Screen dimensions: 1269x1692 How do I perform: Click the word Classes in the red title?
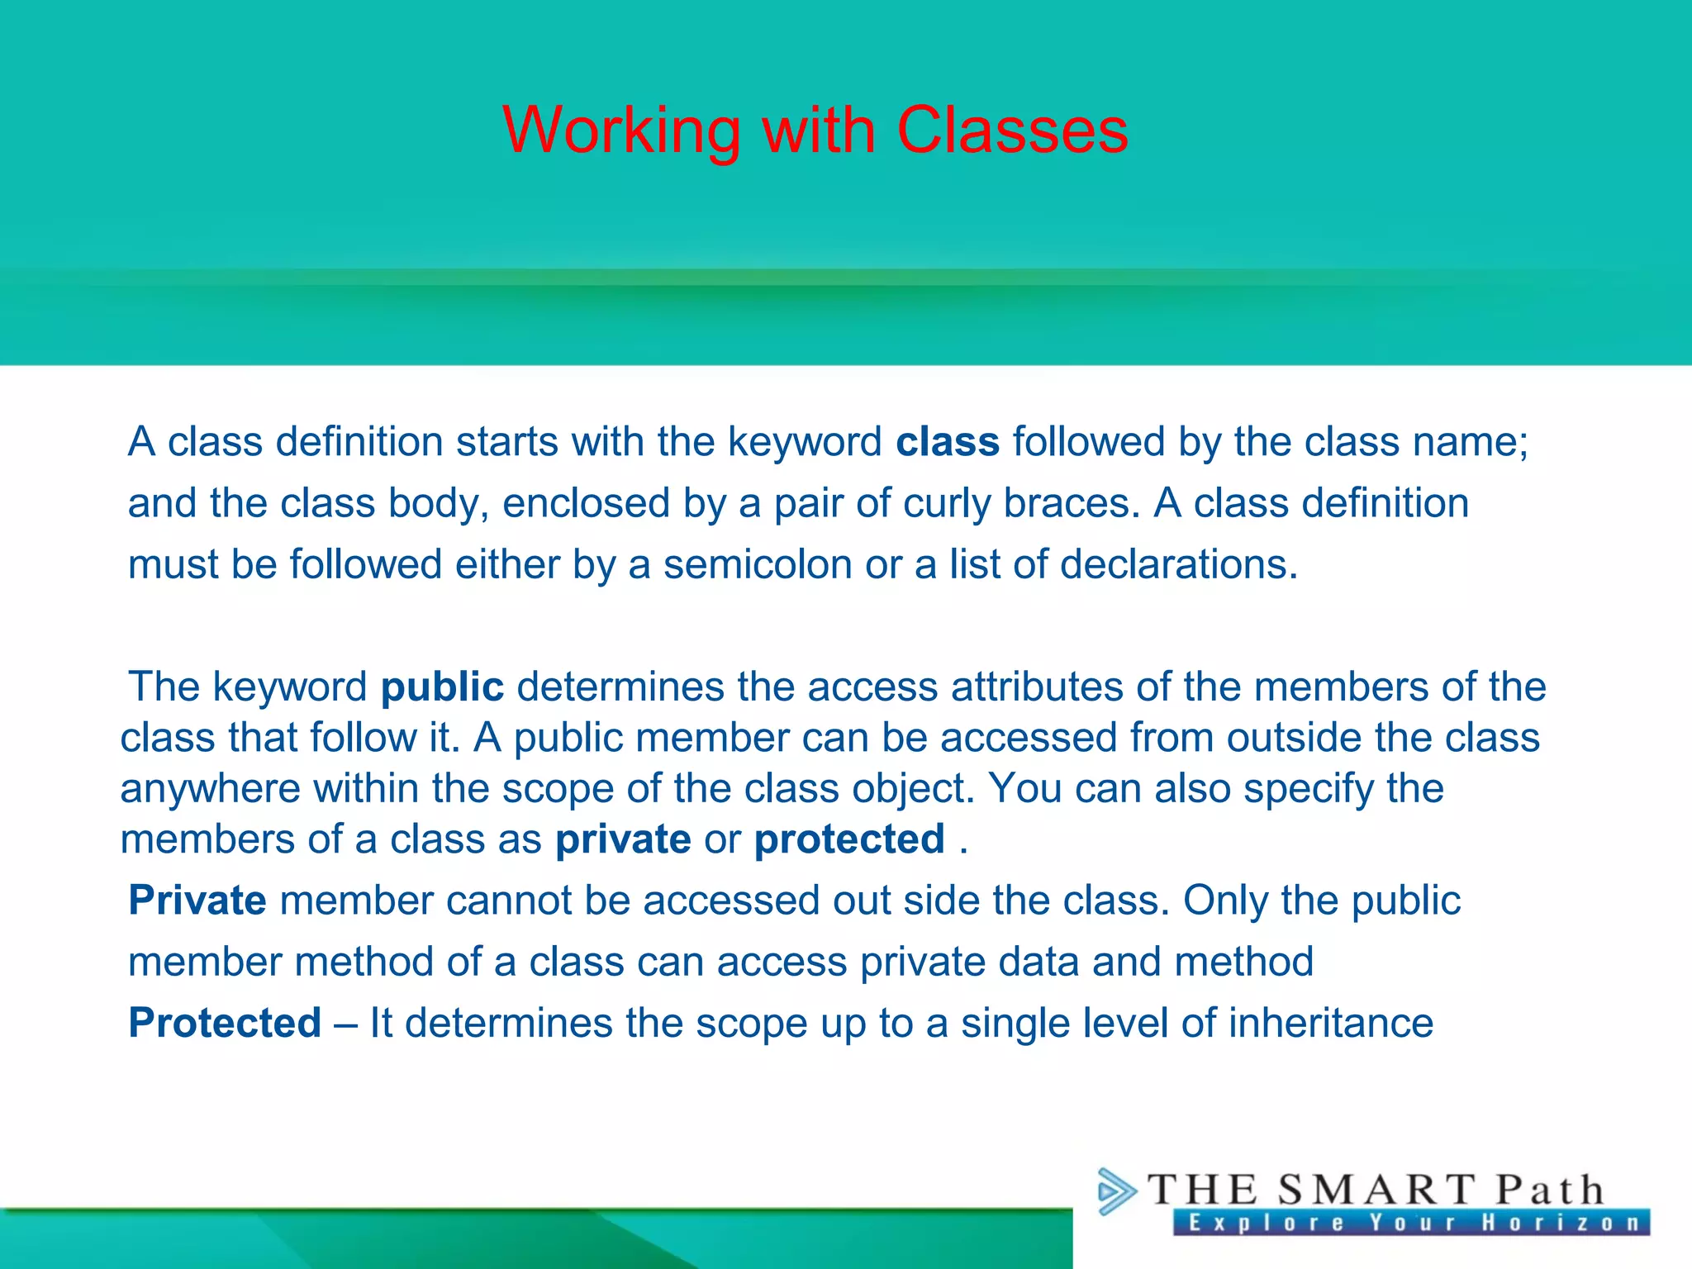pos(1012,131)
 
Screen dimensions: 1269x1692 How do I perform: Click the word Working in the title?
pos(621,131)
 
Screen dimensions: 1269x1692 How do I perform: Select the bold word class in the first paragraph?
pos(948,442)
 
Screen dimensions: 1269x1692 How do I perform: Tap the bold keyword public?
pos(442,687)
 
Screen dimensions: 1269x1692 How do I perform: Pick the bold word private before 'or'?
pos(623,840)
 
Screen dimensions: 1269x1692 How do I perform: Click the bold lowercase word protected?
pos(849,840)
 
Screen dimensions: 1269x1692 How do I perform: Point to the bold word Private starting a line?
pos(197,901)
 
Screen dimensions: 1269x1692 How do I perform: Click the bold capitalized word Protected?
pos(225,1024)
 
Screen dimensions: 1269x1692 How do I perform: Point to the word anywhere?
pos(210,789)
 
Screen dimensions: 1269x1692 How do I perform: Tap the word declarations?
pos(1178,565)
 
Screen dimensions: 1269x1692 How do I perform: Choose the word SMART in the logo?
pos(1376,1191)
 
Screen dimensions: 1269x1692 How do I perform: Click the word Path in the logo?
pos(1550,1191)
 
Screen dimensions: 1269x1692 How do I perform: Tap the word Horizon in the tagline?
pos(1561,1223)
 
